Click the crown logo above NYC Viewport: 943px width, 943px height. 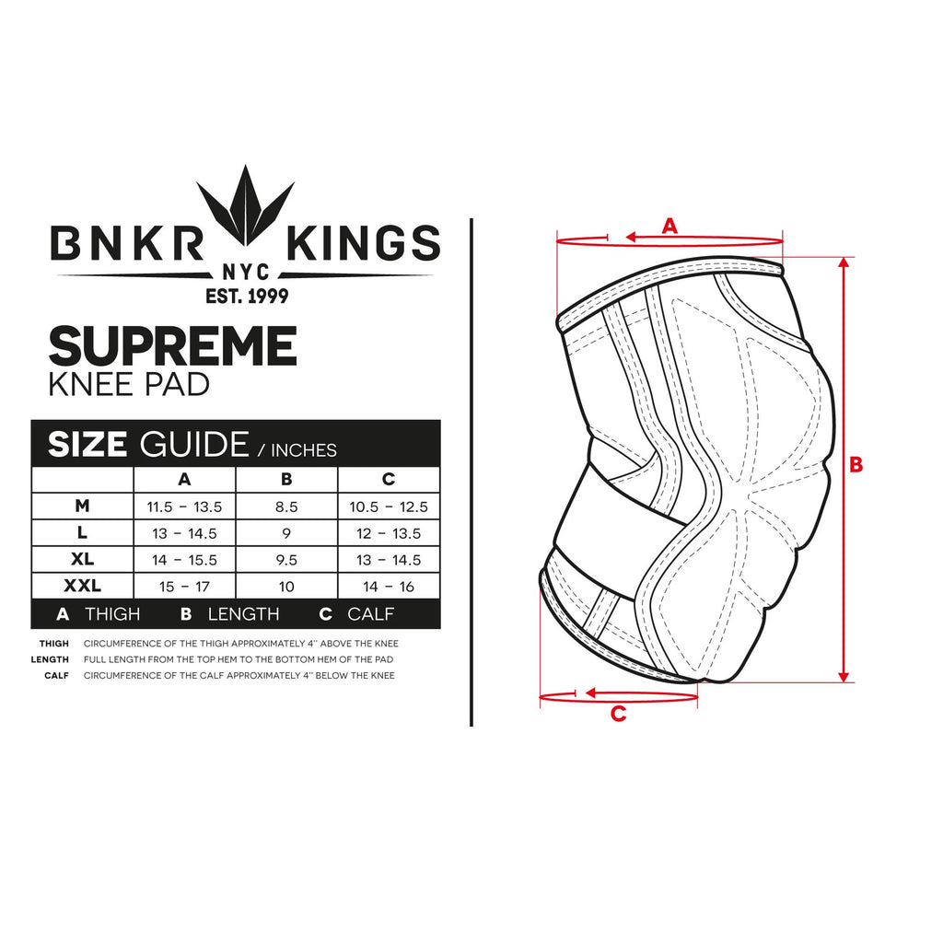[x=245, y=205]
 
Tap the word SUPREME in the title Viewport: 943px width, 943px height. [x=172, y=345]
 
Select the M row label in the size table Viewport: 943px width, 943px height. [x=82, y=506]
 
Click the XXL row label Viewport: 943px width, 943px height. [x=82, y=586]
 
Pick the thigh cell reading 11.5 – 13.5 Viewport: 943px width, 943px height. [x=184, y=507]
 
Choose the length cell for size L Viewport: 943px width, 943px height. [x=286, y=533]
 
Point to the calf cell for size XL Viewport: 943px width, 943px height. [x=389, y=560]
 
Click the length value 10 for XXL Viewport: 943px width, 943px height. [x=286, y=587]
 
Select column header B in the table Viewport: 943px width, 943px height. [x=286, y=479]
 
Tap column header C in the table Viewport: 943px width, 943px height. [x=389, y=479]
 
